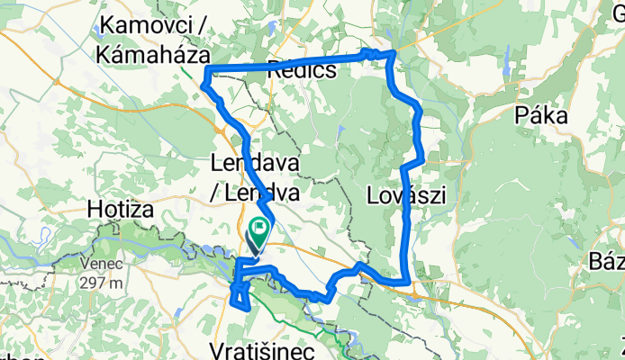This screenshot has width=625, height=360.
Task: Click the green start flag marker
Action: click(259, 229)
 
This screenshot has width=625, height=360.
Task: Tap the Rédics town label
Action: click(302, 69)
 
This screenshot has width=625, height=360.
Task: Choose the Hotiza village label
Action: click(122, 209)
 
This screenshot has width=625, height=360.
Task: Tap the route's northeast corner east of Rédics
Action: click(393, 55)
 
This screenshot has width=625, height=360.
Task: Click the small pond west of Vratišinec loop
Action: click(179, 311)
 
